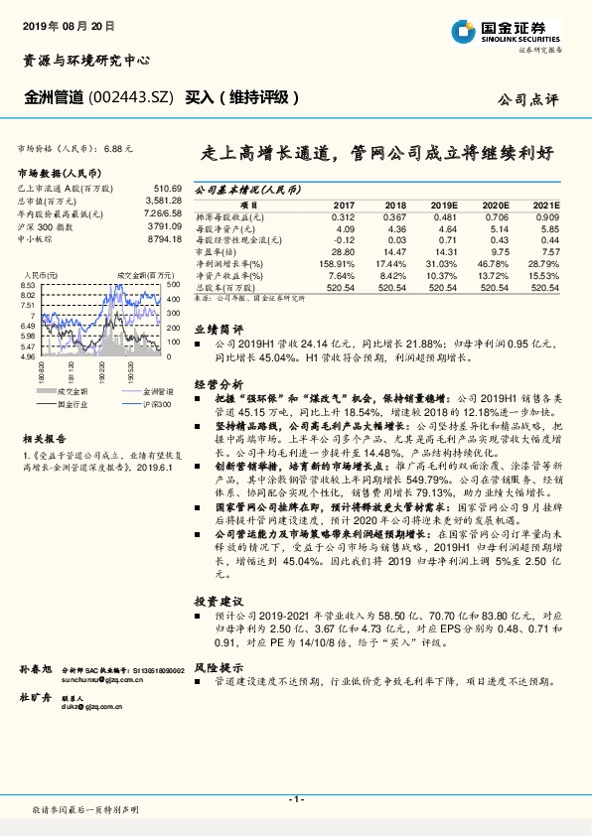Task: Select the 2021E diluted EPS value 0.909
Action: [x=546, y=215]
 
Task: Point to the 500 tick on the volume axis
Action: [x=172, y=285]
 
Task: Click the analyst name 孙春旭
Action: [x=36, y=671]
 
